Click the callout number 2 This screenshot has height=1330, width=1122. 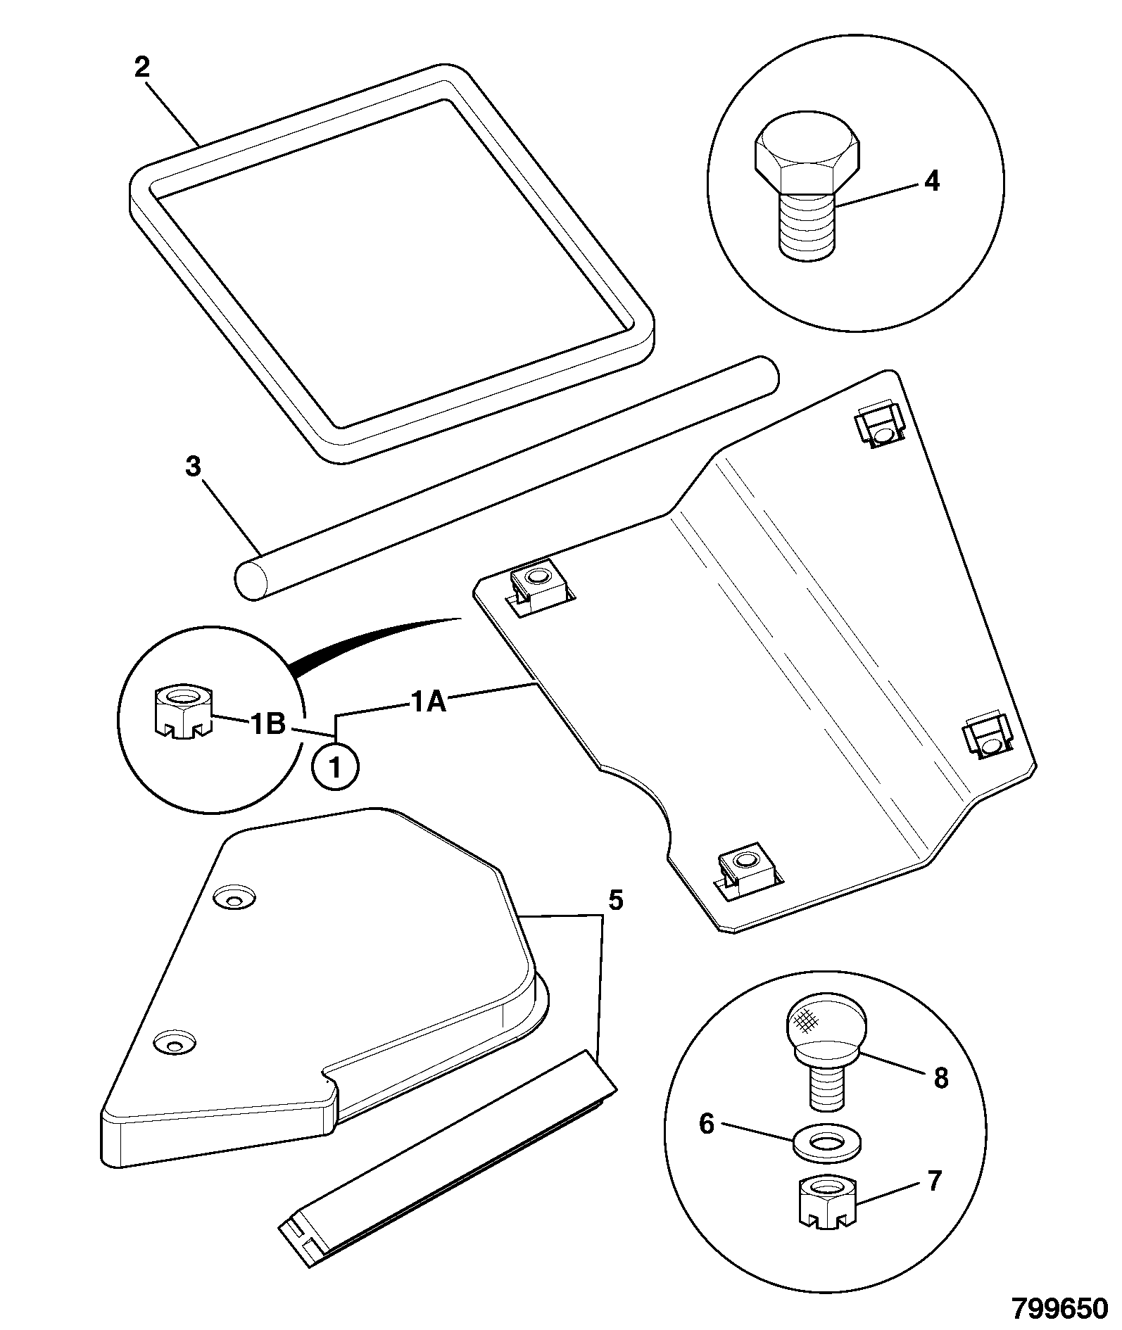(x=142, y=69)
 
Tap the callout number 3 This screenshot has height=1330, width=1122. (x=194, y=467)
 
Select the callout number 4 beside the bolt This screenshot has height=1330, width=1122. (x=931, y=182)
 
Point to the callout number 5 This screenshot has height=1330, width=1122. (x=615, y=900)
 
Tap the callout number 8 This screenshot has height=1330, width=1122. (x=941, y=1078)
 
